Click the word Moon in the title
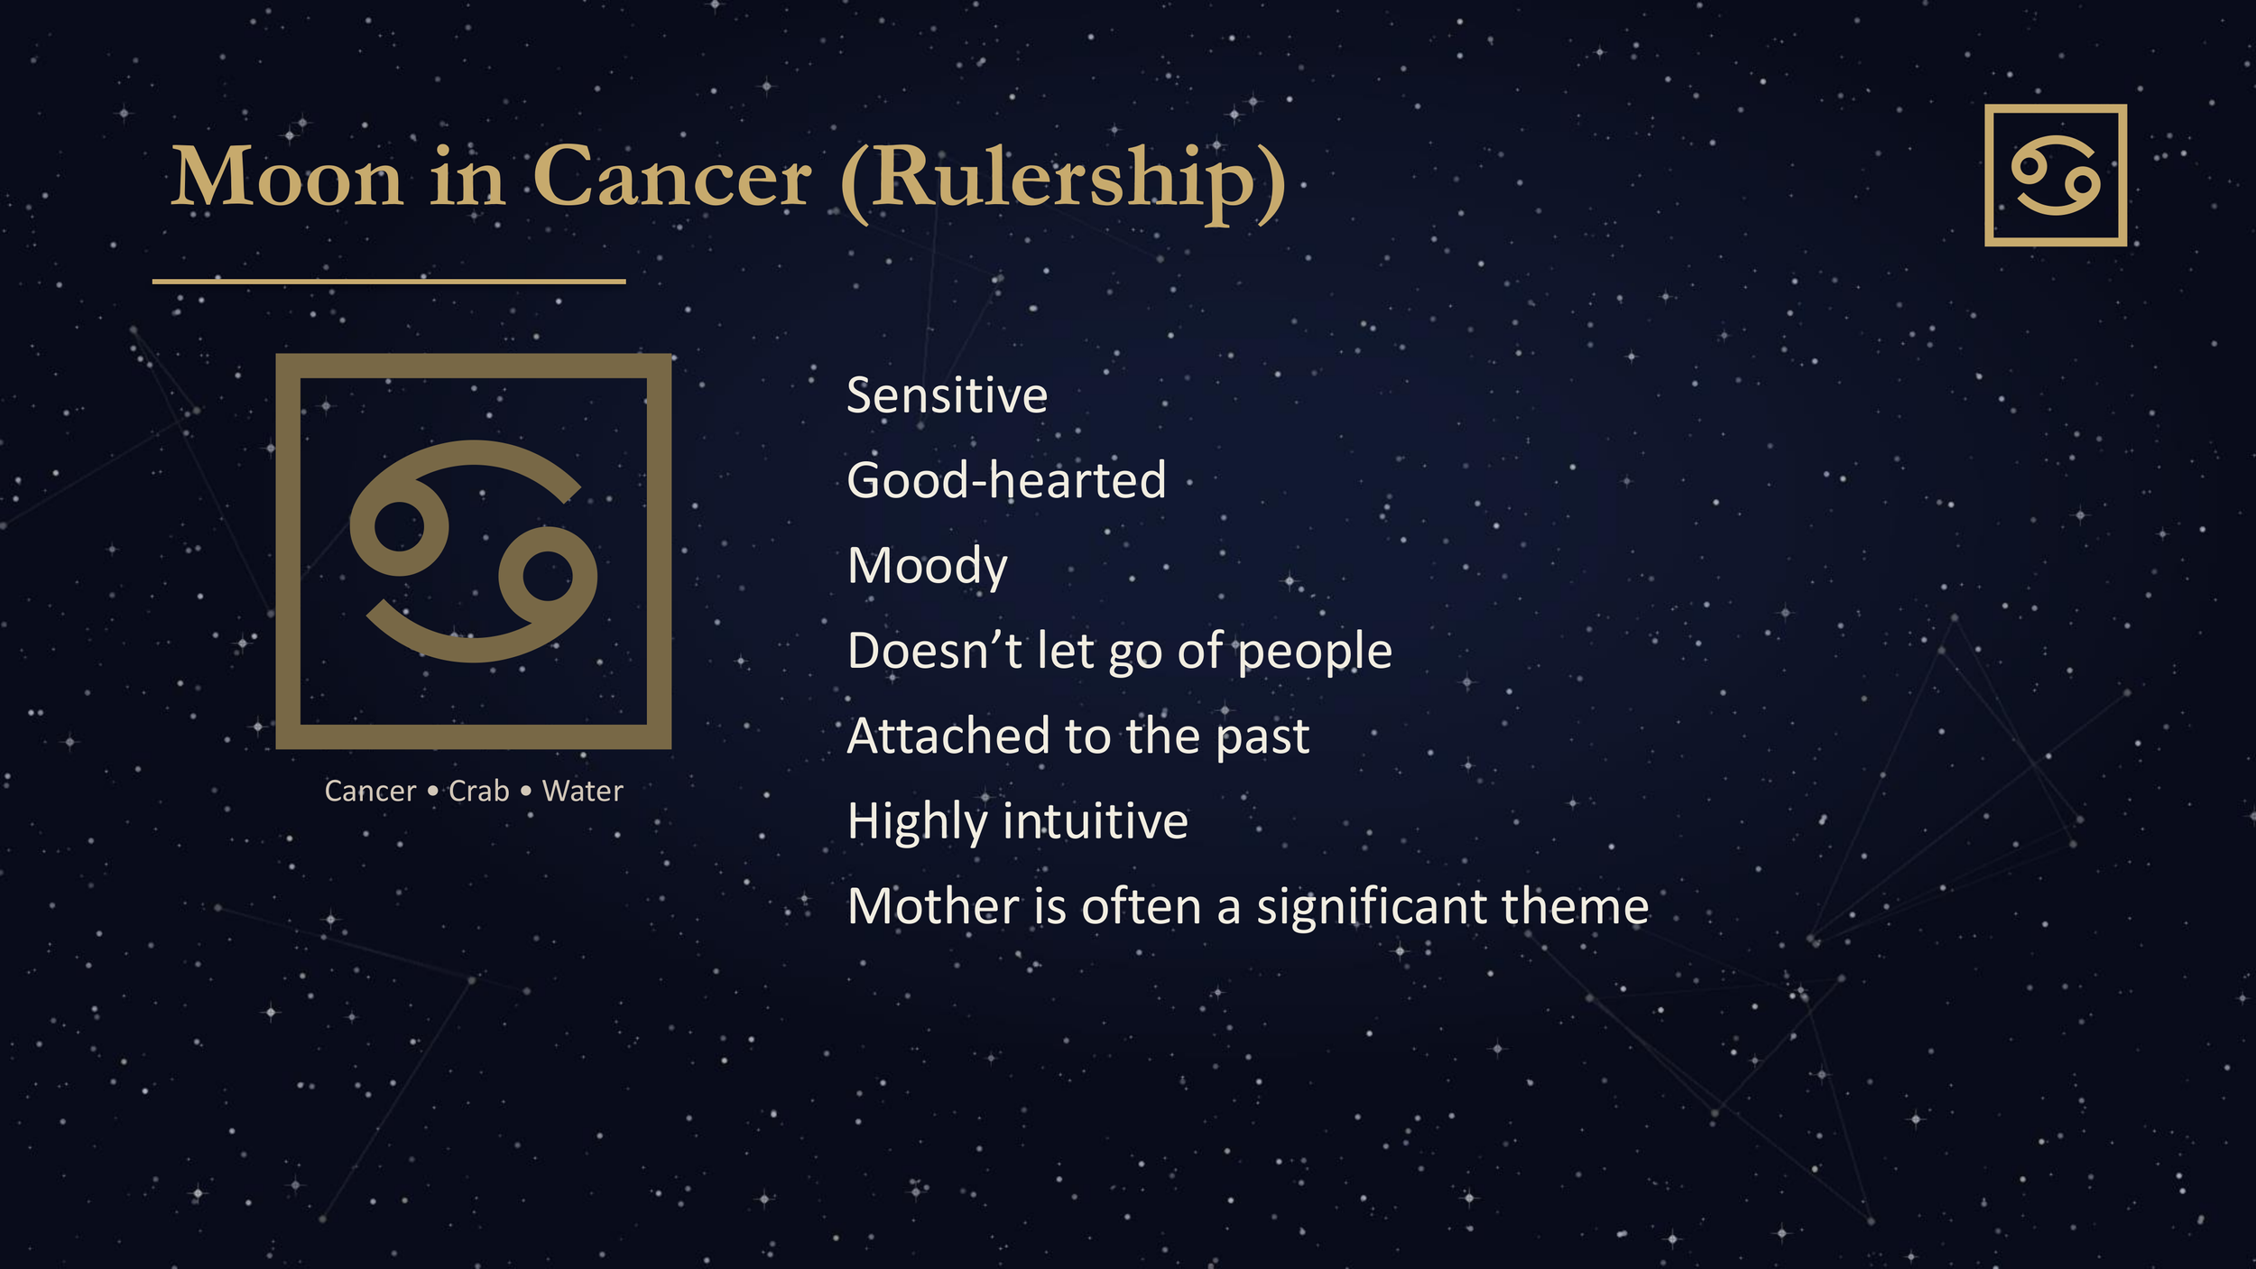(287, 178)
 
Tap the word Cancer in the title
(671, 178)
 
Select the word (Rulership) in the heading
(1063, 181)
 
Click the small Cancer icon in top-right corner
(2055, 175)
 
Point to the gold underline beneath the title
(388, 282)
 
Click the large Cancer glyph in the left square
(473, 551)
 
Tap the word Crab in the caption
(479, 792)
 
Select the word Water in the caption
(582, 792)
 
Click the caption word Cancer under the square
(370, 792)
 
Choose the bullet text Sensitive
(947, 396)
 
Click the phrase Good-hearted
(1006, 480)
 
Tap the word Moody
(927, 567)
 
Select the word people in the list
(1315, 652)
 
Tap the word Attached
(948, 736)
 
